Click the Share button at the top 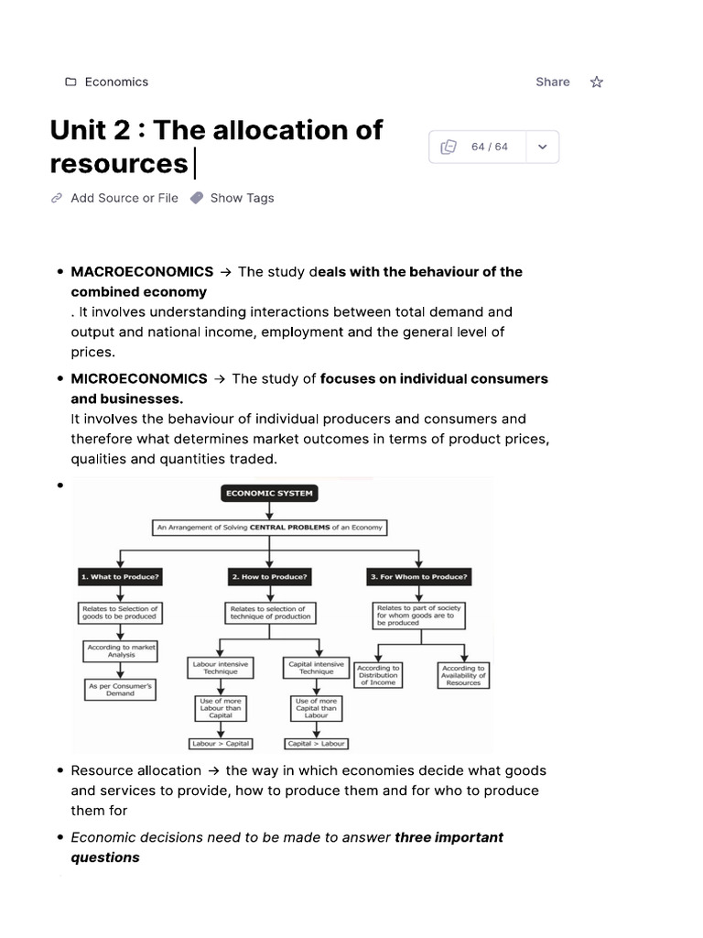click(x=552, y=82)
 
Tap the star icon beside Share click(x=597, y=82)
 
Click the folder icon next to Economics click(x=70, y=82)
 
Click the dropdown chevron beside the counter click(x=542, y=147)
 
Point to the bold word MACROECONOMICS click(x=142, y=272)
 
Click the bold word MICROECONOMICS click(x=139, y=379)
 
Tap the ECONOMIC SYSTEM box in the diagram click(x=269, y=493)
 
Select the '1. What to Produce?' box click(x=120, y=577)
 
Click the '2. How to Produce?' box click(x=269, y=577)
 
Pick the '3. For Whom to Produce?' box click(x=419, y=577)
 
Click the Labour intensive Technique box click(x=221, y=668)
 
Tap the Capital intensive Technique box click(x=316, y=668)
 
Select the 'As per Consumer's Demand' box click(x=120, y=689)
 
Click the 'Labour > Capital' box click(x=221, y=744)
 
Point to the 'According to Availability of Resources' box click(x=464, y=675)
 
